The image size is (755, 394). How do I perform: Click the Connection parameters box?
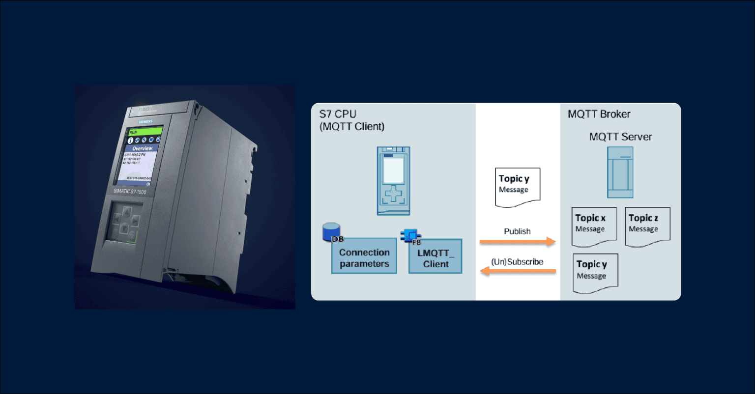point(364,256)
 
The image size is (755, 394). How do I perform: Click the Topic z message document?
point(647,226)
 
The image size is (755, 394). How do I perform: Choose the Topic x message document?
point(593,226)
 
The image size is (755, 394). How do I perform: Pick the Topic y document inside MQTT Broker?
point(595,273)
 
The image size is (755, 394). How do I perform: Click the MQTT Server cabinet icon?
point(620,172)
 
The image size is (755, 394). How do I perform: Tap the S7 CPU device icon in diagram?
point(393,180)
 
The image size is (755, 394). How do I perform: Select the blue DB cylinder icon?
point(332,232)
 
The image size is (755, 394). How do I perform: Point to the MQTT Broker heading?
point(599,114)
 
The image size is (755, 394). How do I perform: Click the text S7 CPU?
point(338,114)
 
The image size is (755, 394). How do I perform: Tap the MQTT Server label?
point(620,137)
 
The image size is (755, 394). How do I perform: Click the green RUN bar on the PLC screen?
point(145,132)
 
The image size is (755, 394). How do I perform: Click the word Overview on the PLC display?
point(142,148)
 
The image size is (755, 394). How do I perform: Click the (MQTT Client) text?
point(352,127)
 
